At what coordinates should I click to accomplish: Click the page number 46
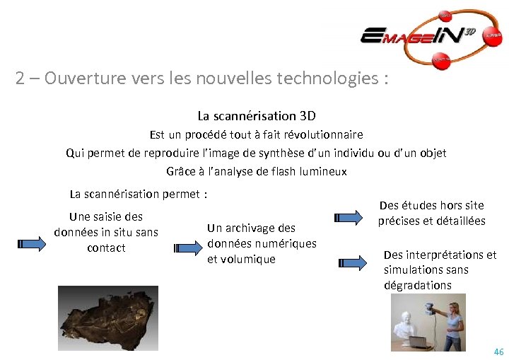point(498,352)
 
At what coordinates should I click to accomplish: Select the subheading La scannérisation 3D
point(257,115)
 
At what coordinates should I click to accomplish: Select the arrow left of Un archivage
point(187,248)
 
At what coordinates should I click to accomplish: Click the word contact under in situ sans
point(106,248)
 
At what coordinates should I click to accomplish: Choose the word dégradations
point(417,286)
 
